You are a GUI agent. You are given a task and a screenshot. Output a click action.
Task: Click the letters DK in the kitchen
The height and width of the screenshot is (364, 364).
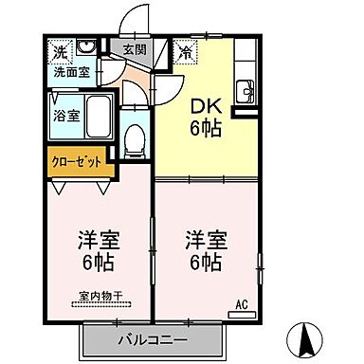coord(207,107)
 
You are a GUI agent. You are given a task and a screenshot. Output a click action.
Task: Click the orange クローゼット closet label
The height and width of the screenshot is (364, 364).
coord(77,161)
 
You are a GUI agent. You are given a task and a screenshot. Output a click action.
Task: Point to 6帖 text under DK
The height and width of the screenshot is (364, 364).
coord(207,128)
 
